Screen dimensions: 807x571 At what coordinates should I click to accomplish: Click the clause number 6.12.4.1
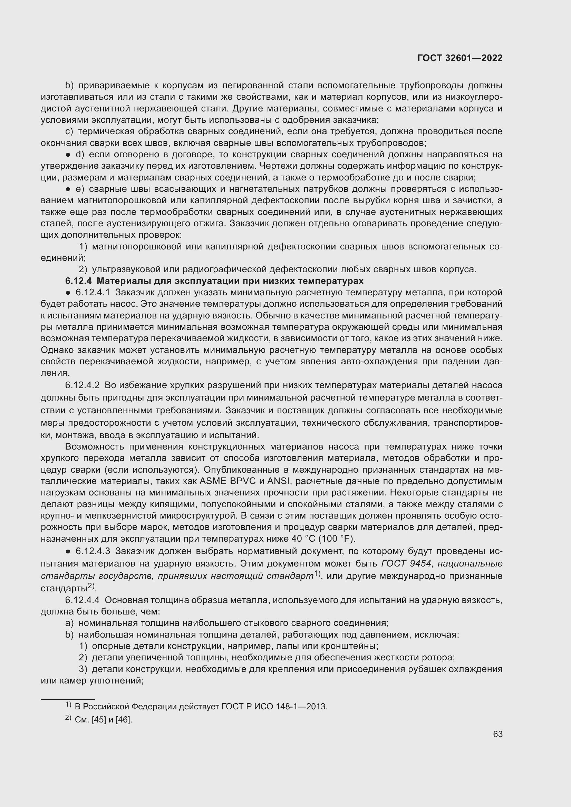[93, 293]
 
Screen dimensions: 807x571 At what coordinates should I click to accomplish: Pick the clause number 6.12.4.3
[93, 551]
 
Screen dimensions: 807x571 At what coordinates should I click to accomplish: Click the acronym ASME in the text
[213, 481]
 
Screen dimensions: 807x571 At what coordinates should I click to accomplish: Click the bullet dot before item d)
[68, 155]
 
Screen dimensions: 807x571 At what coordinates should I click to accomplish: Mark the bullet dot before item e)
[68, 189]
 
